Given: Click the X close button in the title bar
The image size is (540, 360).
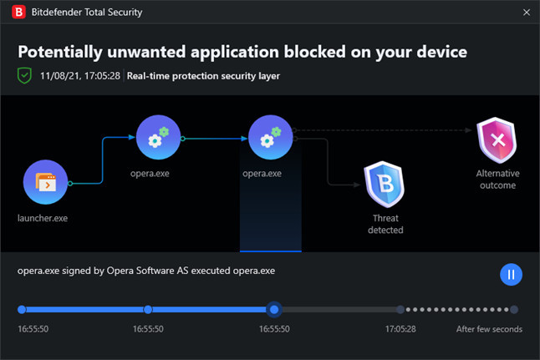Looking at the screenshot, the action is [527, 13].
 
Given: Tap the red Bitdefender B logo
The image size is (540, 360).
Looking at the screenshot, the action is [18, 12].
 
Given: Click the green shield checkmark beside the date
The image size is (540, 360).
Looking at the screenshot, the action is [24, 75].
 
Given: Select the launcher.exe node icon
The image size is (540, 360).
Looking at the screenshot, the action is [45, 182].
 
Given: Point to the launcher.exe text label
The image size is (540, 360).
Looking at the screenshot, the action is [43, 218].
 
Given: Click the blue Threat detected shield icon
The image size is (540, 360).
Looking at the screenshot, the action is [385, 185].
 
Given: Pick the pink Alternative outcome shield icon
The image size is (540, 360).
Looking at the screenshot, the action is [497, 140].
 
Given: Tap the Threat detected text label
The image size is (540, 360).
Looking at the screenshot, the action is [385, 224].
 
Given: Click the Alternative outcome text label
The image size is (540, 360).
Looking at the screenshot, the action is [497, 180].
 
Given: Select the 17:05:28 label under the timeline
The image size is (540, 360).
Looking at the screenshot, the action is [400, 329].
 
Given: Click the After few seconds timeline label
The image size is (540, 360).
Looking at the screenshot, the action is [489, 329].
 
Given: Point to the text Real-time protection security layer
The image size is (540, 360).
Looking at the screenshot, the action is [203, 76].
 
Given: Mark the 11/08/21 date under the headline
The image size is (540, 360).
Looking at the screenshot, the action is [59, 76].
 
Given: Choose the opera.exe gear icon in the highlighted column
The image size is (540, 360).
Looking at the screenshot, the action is [270, 137].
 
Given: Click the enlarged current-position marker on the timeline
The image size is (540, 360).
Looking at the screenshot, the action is [274, 310].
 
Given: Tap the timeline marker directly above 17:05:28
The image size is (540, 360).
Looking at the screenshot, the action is [400, 309].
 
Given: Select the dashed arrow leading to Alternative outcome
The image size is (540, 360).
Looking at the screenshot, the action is [382, 130].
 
